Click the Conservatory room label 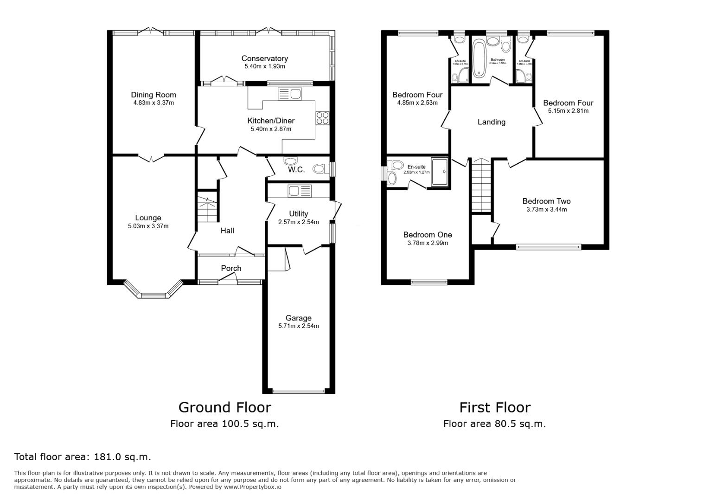(264, 58)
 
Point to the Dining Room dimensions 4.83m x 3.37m (153, 103)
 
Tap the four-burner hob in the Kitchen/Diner (322, 118)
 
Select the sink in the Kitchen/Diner (290, 94)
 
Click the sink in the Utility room (300, 190)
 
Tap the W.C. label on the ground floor (296, 170)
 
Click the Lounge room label (148, 218)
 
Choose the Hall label (227, 231)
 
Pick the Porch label (231, 268)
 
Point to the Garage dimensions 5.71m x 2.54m (298, 326)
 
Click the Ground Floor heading (224, 407)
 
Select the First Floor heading (495, 407)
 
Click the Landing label (491, 122)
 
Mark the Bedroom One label (427, 235)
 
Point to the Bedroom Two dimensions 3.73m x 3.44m (546, 210)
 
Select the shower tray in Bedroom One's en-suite (440, 172)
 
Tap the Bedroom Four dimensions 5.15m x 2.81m (568, 111)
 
